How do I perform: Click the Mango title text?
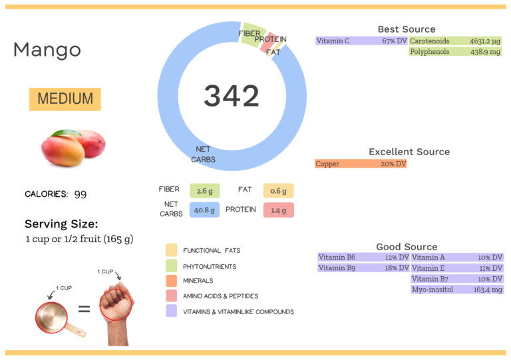(x=47, y=50)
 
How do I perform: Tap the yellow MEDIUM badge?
(x=65, y=99)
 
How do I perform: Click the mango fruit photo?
(x=73, y=148)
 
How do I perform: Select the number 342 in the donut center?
(x=231, y=96)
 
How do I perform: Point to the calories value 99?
(x=80, y=194)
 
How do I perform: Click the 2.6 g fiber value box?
(x=204, y=191)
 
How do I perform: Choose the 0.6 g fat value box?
(x=278, y=191)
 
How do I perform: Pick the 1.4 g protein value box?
(x=278, y=210)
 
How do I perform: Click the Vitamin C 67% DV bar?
(x=361, y=41)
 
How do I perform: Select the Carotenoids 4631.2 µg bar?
(x=455, y=41)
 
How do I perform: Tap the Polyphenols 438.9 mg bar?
(x=455, y=52)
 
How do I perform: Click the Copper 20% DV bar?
(x=360, y=164)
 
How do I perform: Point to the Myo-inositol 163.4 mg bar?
(x=457, y=289)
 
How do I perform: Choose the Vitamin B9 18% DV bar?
(x=363, y=268)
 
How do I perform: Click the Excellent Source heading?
(x=409, y=152)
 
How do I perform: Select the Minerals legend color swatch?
(x=172, y=281)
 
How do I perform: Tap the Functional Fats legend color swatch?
(x=172, y=250)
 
